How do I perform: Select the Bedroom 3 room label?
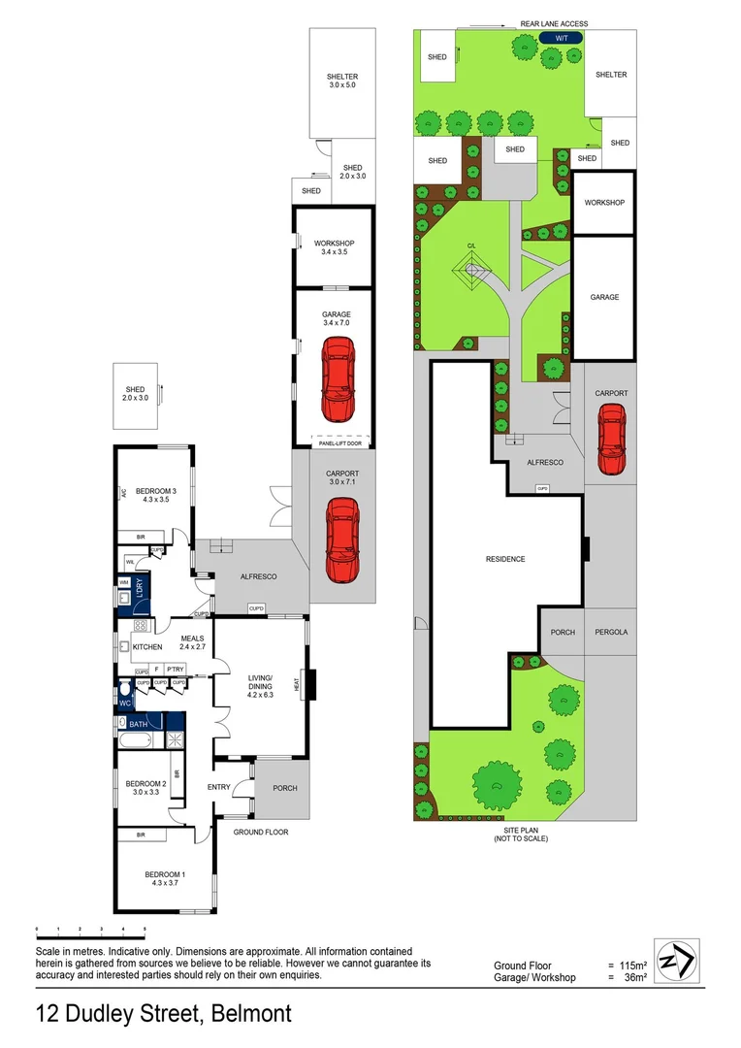(155, 496)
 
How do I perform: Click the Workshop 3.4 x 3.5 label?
(334, 246)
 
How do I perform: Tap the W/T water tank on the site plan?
(560, 37)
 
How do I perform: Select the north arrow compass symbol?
(675, 962)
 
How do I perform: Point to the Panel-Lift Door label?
(335, 444)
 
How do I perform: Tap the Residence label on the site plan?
(505, 559)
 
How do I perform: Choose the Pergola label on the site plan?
(611, 632)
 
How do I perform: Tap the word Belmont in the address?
(249, 1015)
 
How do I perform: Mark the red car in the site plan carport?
(611, 439)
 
